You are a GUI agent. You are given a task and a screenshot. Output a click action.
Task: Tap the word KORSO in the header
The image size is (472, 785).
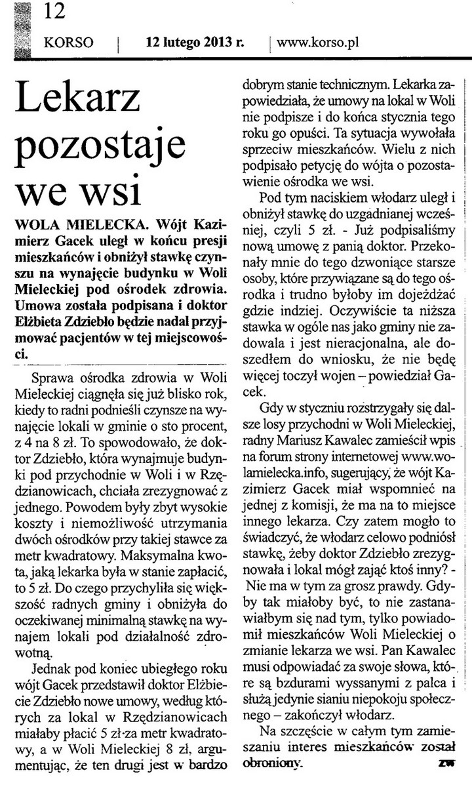(68, 44)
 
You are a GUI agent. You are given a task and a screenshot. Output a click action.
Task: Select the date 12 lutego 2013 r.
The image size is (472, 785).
(195, 43)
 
